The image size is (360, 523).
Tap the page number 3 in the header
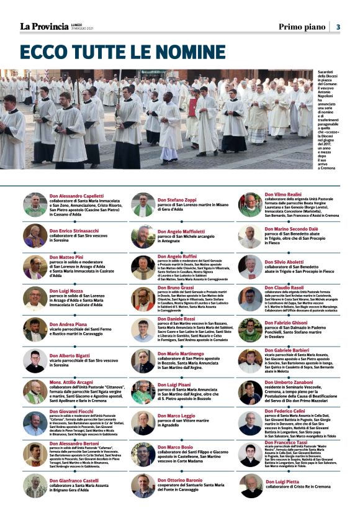tap(338, 27)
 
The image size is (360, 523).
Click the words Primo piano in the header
tap(302, 27)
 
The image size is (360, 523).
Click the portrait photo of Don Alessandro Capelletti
tap(35, 204)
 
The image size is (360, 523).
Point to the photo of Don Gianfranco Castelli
tap(35, 486)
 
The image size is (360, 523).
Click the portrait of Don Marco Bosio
tap(143, 455)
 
